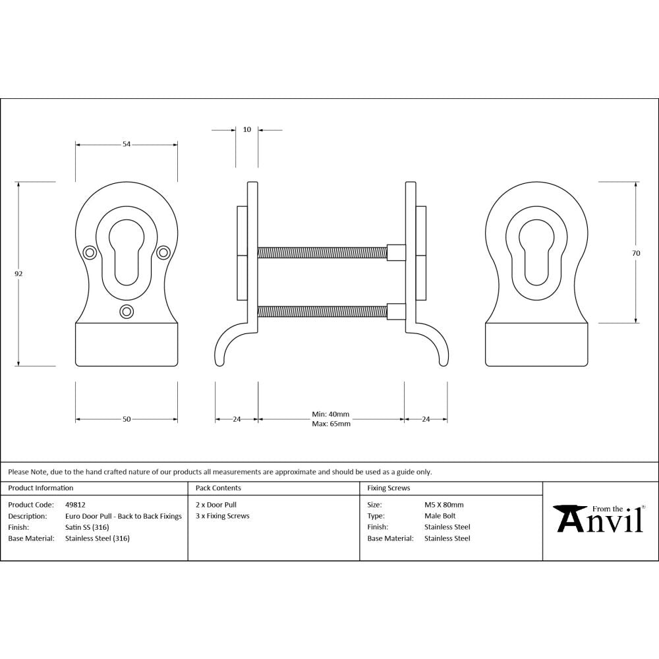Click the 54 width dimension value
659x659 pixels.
[127, 144]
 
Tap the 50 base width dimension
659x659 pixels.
[127, 419]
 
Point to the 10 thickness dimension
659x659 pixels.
[247, 130]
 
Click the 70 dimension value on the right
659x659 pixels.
[636, 253]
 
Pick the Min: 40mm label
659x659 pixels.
[330, 415]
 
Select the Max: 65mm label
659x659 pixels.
[330, 424]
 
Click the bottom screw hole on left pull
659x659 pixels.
[127, 311]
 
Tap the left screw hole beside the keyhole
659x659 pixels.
[90, 251]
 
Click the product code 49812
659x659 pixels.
[76, 505]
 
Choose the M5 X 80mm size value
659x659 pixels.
[444, 505]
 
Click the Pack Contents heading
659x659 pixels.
[218, 488]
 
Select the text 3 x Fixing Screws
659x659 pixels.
[223, 516]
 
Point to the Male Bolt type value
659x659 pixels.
[440, 516]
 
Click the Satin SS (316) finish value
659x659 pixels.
[87, 527]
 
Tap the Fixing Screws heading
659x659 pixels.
[388, 488]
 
